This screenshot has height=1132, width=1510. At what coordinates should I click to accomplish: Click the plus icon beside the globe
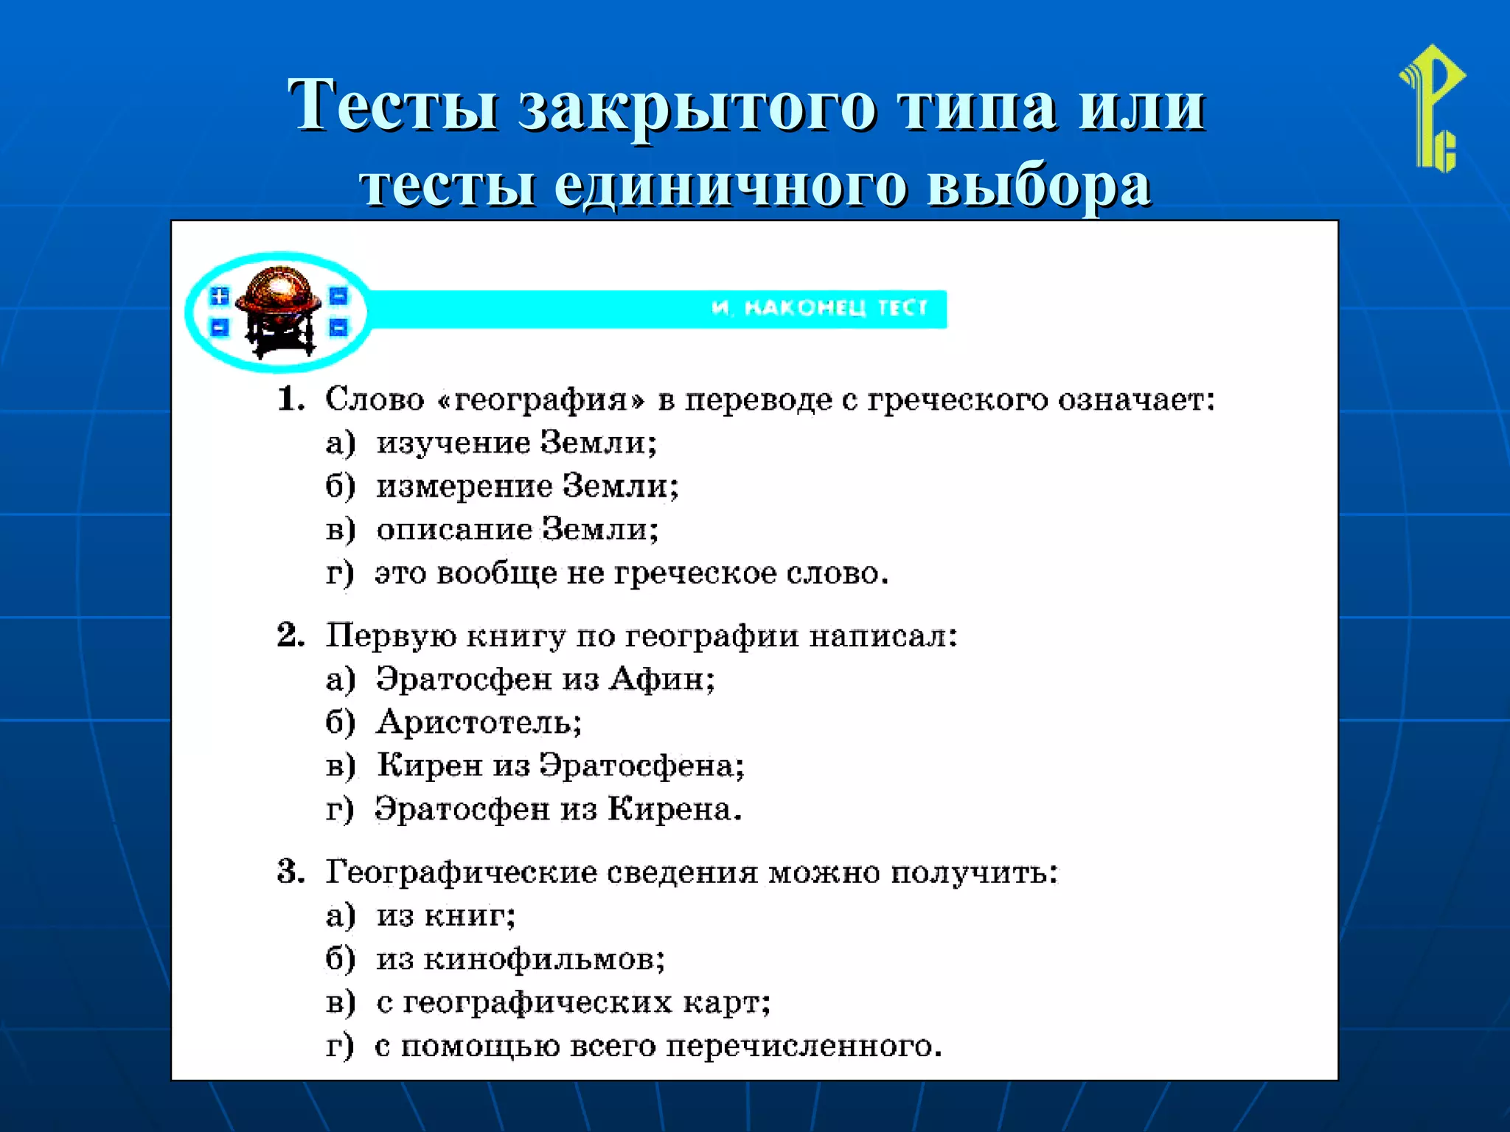tap(219, 296)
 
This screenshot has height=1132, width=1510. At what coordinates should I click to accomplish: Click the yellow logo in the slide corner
tap(1433, 108)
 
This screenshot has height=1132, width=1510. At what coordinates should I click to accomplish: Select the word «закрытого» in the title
tap(697, 107)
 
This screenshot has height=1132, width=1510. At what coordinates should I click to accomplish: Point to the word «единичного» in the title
tap(730, 185)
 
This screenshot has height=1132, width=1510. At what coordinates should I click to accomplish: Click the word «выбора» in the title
tap(1038, 185)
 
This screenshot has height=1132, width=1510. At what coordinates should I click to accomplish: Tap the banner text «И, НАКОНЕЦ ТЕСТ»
tap(819, 308)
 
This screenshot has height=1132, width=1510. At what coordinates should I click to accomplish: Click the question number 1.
tap(290, 399)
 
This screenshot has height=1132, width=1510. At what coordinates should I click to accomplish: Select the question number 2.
tap(290, 635)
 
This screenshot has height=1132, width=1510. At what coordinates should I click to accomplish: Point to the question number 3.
tap(290, 872)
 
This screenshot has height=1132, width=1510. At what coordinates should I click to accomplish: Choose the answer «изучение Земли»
tap(516, 443)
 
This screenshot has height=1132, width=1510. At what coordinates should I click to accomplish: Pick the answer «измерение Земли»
tap(527, 486)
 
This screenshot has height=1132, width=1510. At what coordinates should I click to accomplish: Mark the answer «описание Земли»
tap(517, 530)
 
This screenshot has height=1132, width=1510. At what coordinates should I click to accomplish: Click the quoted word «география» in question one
tap(540, 400)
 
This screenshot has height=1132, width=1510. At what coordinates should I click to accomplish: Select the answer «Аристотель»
tap(479, 722)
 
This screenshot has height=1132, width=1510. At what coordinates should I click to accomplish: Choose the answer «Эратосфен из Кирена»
tap(557, 809)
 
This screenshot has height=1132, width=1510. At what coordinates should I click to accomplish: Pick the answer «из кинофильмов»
tap(520, 960)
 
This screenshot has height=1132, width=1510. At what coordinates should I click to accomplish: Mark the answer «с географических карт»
tap(573, 1003)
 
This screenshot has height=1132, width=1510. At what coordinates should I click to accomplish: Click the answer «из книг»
tap(445, 916)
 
